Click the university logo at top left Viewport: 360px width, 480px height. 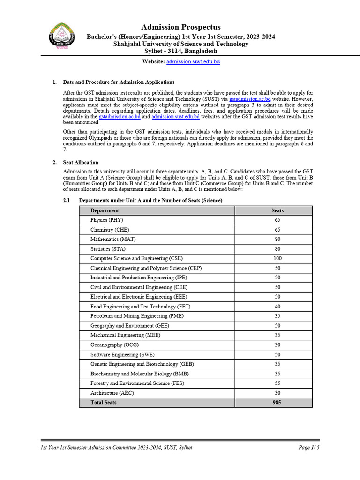pyautogui.click(x=60, y=36)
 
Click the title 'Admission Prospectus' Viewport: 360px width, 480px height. pyautogui.click(x=180, y=27)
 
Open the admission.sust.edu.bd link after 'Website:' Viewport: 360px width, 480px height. pyautogui.click(x=193, y=62)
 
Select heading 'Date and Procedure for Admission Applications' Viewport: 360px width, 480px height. pyautogui.click(x=119, y=82)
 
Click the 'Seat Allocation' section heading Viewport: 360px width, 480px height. pyautogui.click(x=81, y=162)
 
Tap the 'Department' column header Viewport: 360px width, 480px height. pyautogui.click(x=105, y=210)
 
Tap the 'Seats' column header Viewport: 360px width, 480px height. pyautogui.click(x=277, y=210)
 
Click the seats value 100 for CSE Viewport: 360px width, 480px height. pyautogui.click(x=277, y=258)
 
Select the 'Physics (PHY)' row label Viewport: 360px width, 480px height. pyautogui.click(x=107, y=220)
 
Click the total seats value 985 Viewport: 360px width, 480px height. pyautogui.click(x=277, y=403)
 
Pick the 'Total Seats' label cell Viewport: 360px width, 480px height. pyautogui.click(x=104, y=403)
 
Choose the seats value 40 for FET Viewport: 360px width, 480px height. pyautogui.click(x=277, y=307)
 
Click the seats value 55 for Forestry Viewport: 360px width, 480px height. pyautogui.click(x=277, y=383)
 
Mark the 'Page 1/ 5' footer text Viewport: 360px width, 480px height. pyautogui.click(x=309, y=448)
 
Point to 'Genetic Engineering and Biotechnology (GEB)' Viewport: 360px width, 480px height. pyautogui.click(x=142, y=364)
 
